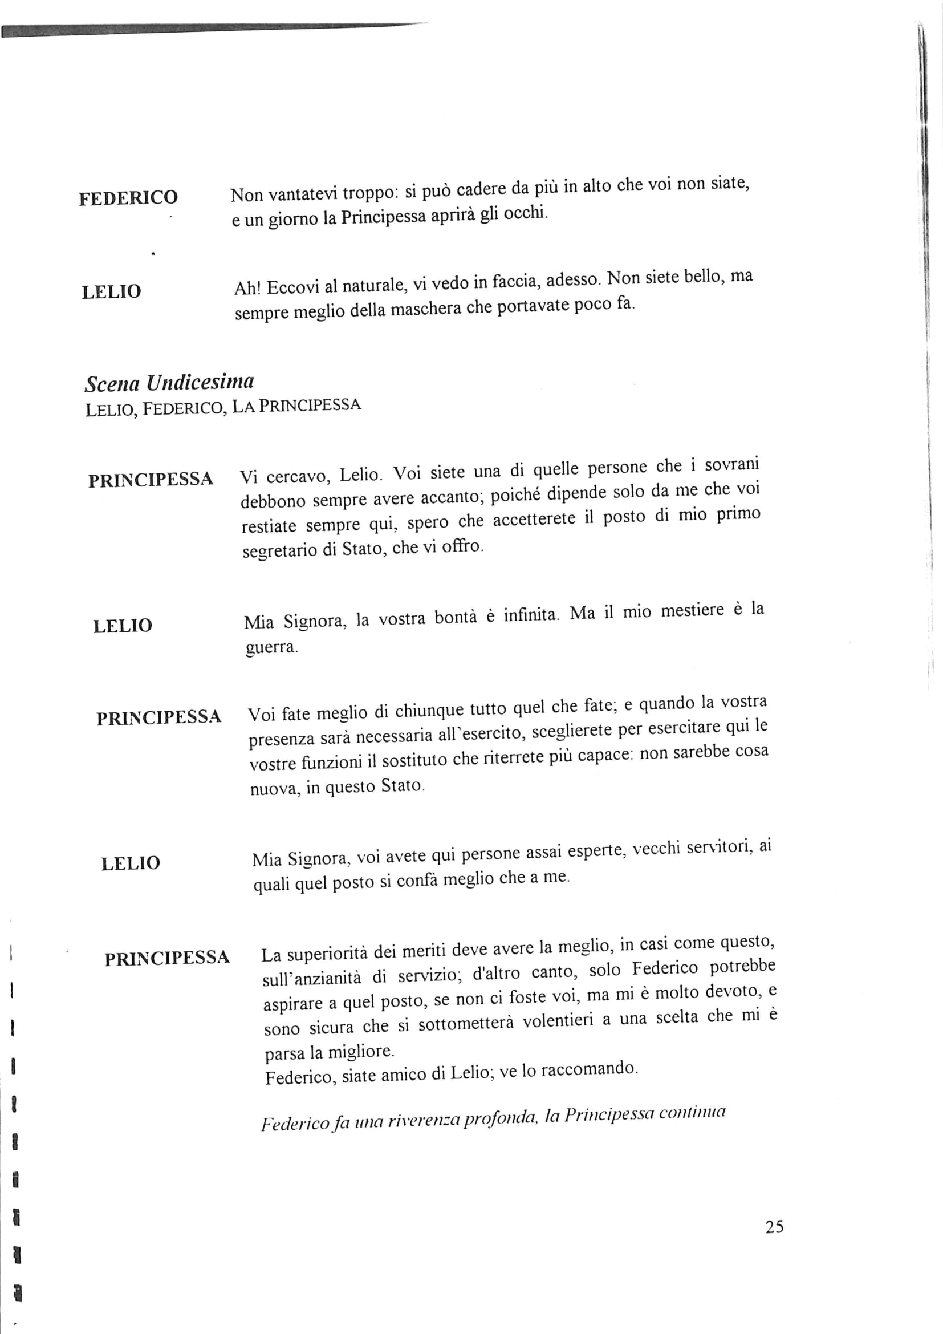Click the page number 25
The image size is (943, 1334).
[774, 1227]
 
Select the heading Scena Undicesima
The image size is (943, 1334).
[169, 383]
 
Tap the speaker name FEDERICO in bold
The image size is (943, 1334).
[128, 198]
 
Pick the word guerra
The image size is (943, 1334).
[271, 647]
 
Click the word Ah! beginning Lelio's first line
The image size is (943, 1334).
[248, 289]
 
